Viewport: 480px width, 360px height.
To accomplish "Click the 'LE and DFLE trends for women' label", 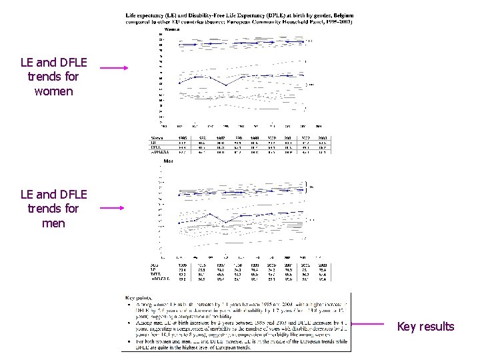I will tap(53, 77).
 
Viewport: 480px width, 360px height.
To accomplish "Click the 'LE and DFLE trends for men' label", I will tap(53, 209).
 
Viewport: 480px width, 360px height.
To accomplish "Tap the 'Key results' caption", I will tap(425, 327).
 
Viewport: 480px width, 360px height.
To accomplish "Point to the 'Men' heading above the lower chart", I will tap(169, 161).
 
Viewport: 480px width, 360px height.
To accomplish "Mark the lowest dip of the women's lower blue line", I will tap(226, 85).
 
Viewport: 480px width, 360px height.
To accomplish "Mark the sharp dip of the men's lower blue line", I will tap(226, 222).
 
